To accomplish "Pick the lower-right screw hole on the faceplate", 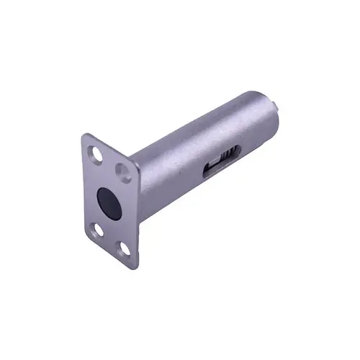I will [123, 247].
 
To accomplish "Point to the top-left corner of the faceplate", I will [84, 135].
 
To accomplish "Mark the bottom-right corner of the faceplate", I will [135, 261].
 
